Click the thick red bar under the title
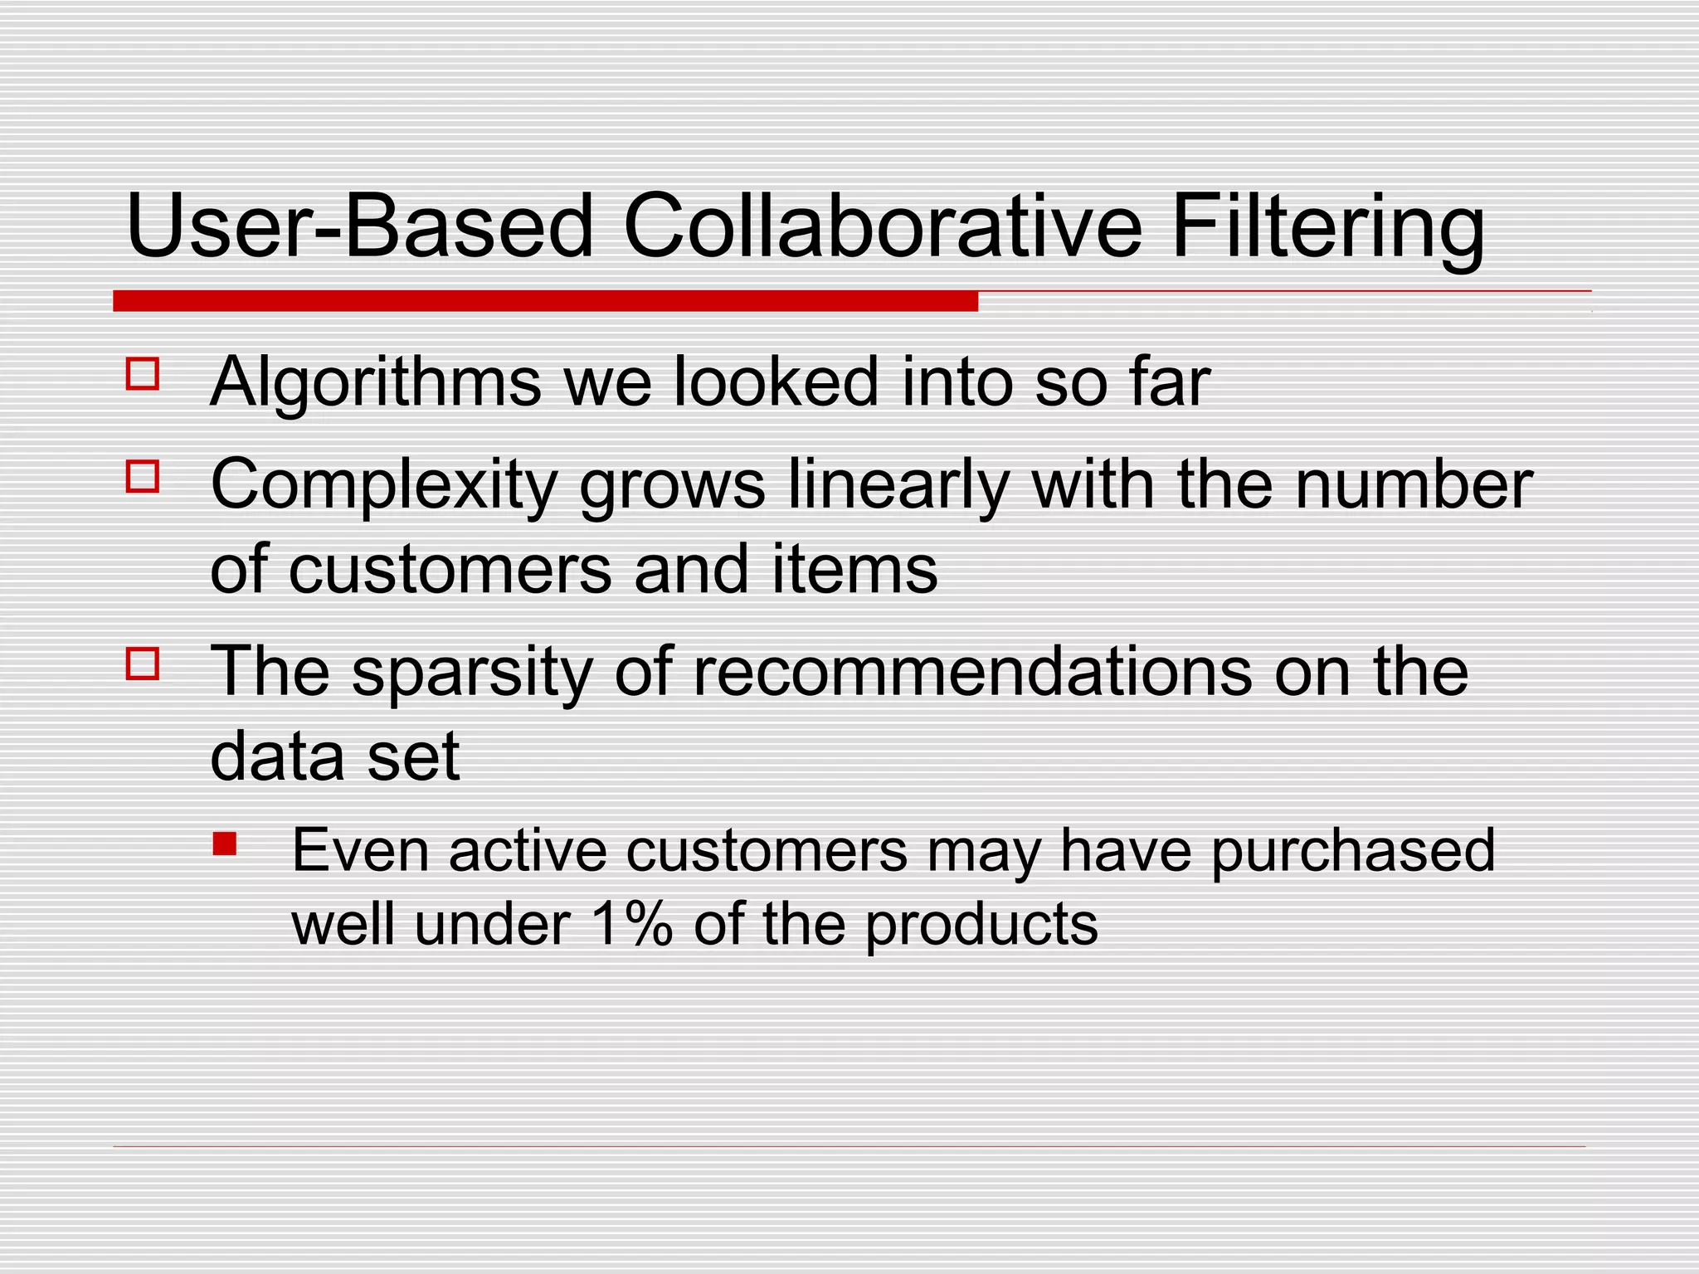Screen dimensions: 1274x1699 (x=545, y=301)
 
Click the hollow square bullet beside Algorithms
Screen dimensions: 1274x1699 (x=143, y=374)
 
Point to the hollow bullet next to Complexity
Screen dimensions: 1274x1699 (x=143, y=477)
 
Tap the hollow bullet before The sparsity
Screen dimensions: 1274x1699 (x=143, y=664)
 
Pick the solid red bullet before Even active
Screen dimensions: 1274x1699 (x=224, y=844)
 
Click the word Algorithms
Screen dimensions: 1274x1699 (x=376, y=383)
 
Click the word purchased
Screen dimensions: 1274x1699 (x=1353, y=853)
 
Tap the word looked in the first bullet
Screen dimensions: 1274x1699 (x=775, y=383)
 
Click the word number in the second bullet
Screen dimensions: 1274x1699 (x=1414, y=486)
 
